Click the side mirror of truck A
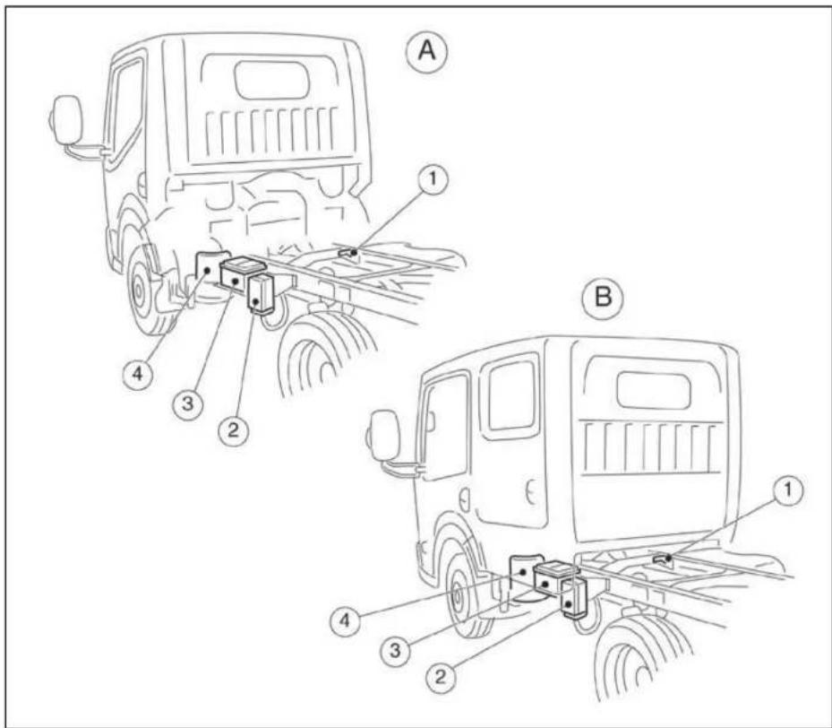point(66,120)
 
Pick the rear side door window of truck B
point(513,395)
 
